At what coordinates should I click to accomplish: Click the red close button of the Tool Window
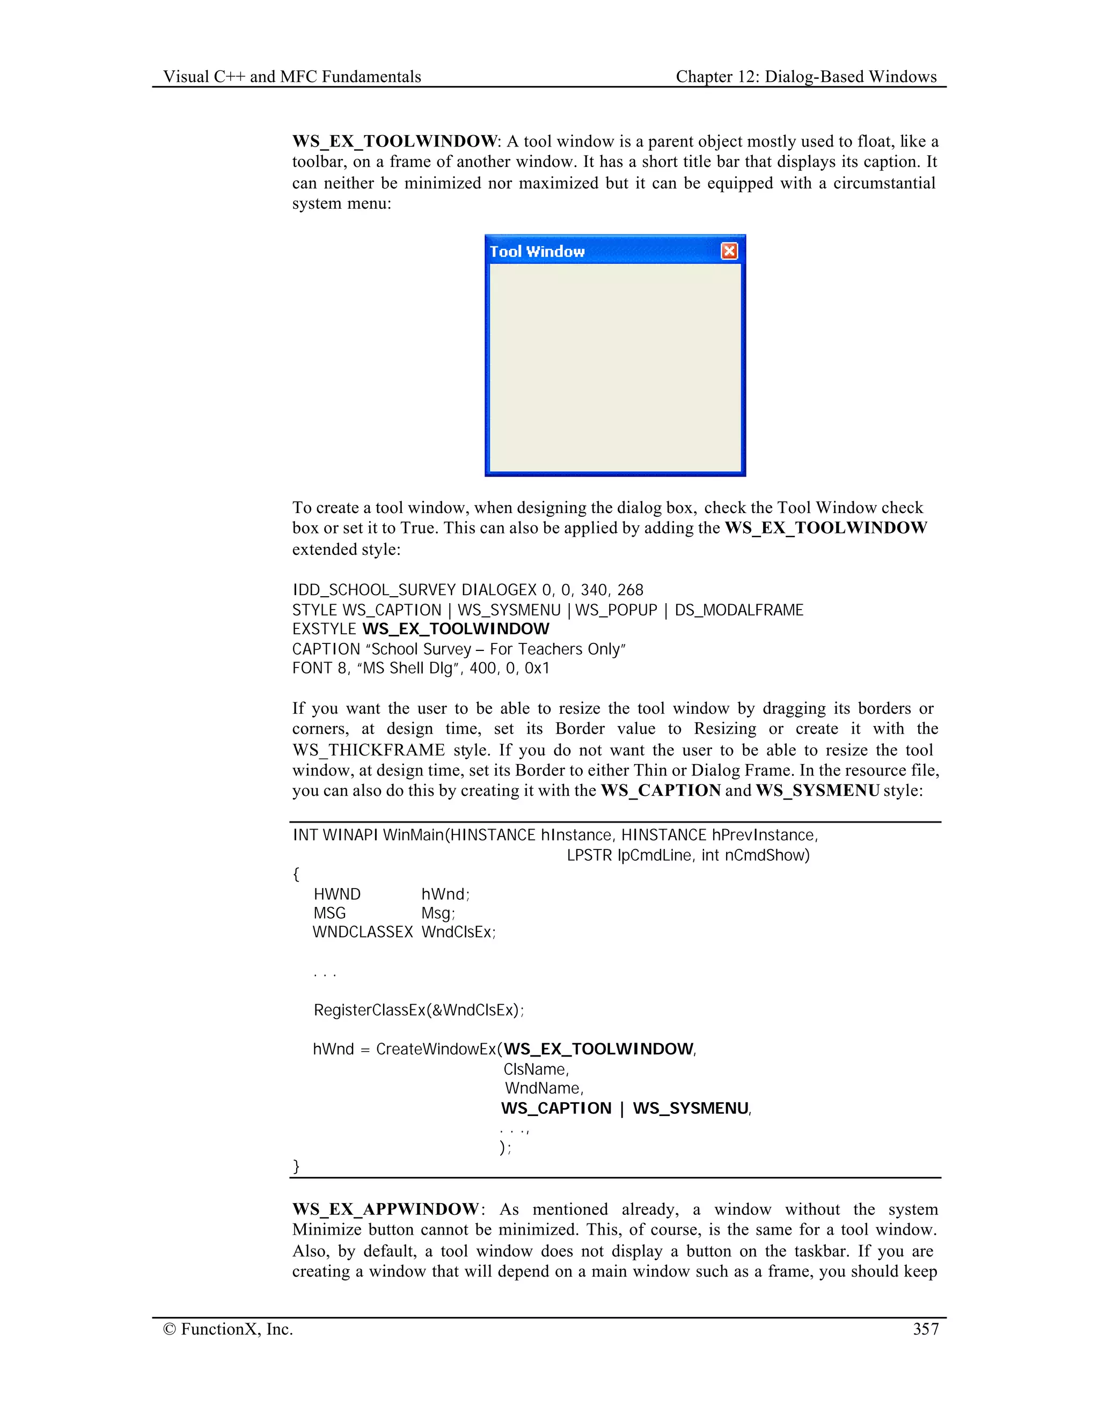(x=729, y=251)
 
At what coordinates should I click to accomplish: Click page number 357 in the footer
(x=925, y=1329)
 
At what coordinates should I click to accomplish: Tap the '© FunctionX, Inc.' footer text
(x=228, y=1329)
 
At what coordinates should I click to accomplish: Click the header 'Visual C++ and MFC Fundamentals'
(x=292, y=77)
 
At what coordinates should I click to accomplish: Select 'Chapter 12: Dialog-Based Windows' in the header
(x=806, y=77)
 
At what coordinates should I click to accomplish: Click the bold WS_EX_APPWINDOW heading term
(x=385, y=1209)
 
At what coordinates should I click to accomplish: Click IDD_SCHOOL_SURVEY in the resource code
(x=375, y=590)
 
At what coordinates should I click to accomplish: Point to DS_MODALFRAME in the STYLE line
(x=739, y=610)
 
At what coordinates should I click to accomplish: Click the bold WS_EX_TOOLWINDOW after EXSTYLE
(x=456, y=629)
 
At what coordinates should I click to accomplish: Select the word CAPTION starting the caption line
(x=326, y=649)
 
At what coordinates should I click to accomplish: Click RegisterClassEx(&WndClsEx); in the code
(x=419, y=1010)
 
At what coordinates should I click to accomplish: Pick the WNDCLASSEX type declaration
(x=363, y=932)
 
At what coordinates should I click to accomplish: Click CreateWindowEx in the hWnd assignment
(x=436, y=1049)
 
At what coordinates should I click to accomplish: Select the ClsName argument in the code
(x=536, y=1069)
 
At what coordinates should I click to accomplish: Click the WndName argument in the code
(x=544, y=1088)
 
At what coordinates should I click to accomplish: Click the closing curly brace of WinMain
(x=296, y=1166)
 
